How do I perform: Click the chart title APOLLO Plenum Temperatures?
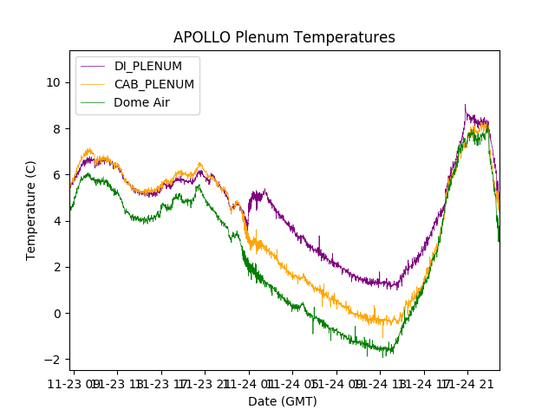pos(284,37)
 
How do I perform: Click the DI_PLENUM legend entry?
pos(148,66)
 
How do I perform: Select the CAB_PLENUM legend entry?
pos(153,84)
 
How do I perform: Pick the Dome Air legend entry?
pos(141,101)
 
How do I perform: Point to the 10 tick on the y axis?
pos(53,82)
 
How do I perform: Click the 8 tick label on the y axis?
pos(56,128)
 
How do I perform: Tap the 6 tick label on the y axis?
pos(56,174)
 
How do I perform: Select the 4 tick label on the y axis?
pos(56,221)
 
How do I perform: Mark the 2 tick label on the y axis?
pos(56,267)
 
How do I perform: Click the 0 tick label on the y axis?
pos(56,313)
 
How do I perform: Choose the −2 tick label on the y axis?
pos(53,360)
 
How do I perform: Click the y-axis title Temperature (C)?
pos(31,210)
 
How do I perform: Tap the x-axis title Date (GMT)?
pos(283,401)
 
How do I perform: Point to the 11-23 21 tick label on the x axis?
pos(205,383)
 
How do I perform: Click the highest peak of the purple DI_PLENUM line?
pos(465,106)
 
